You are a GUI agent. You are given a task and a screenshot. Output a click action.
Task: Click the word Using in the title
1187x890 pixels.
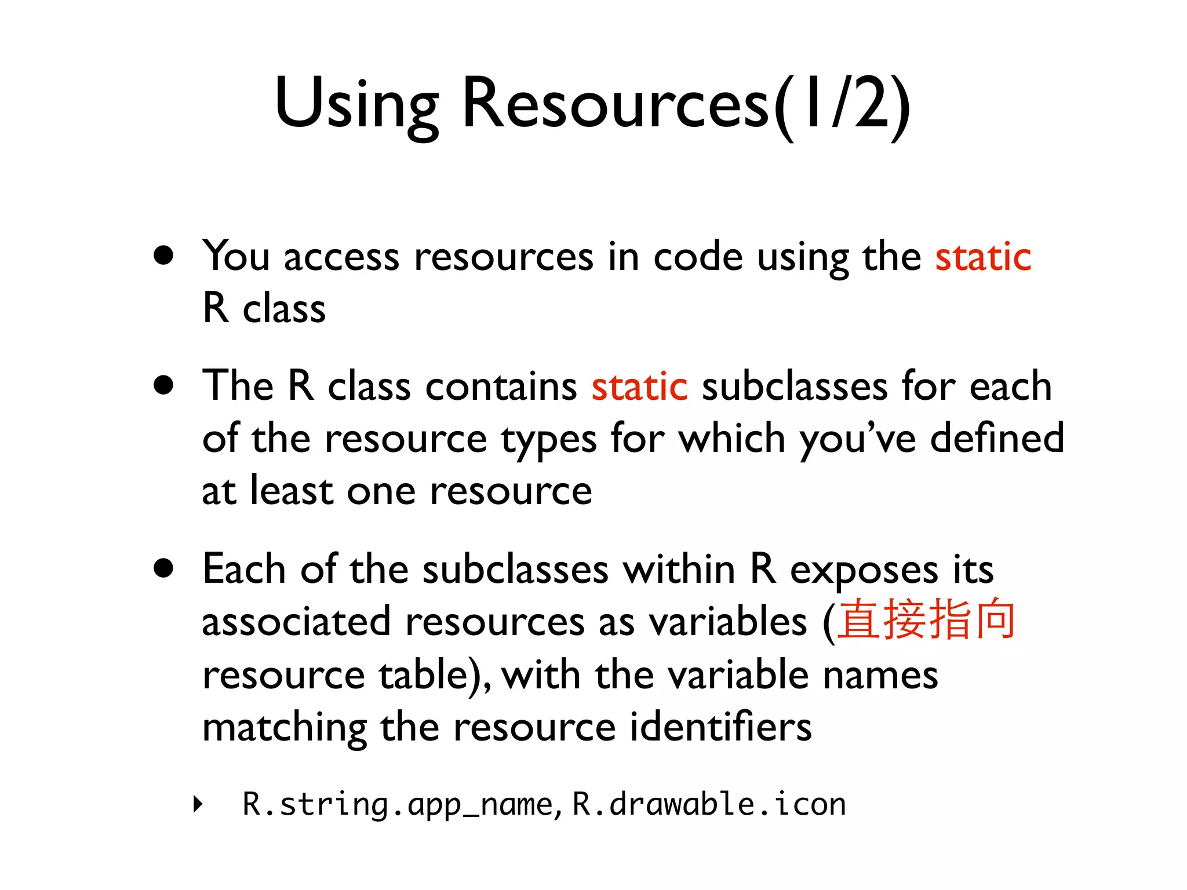tap(356, 104)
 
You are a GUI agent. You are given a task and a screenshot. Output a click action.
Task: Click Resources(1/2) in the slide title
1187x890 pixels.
tap(687, 104)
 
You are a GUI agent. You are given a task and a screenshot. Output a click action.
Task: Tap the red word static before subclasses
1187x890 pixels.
tap(639, 386)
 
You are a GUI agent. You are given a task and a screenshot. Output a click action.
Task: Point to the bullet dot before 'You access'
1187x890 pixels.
tap(164, 255)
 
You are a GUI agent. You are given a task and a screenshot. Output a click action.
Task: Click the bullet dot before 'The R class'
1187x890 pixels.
tap(164, 385)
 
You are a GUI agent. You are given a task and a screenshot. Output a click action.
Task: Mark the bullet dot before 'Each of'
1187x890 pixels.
tap(164, 568)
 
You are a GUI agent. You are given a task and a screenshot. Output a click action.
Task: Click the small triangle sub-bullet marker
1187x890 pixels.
tap(198, 804)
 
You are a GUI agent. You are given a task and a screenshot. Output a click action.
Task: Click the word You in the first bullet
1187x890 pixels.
tap(236, 257)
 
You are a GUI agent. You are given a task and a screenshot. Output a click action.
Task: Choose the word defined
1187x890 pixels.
tap(997, 438)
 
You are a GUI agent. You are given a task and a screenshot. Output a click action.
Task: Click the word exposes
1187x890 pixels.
tap(864, 570)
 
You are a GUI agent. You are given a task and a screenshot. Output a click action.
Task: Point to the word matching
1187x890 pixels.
tap(284, 728)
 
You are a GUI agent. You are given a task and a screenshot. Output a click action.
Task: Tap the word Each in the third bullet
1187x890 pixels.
tap(244, 569)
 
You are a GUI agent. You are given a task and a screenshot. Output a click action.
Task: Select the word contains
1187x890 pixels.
tap(501, 386)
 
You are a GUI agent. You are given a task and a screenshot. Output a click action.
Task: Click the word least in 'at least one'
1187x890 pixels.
tap(292, 491)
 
